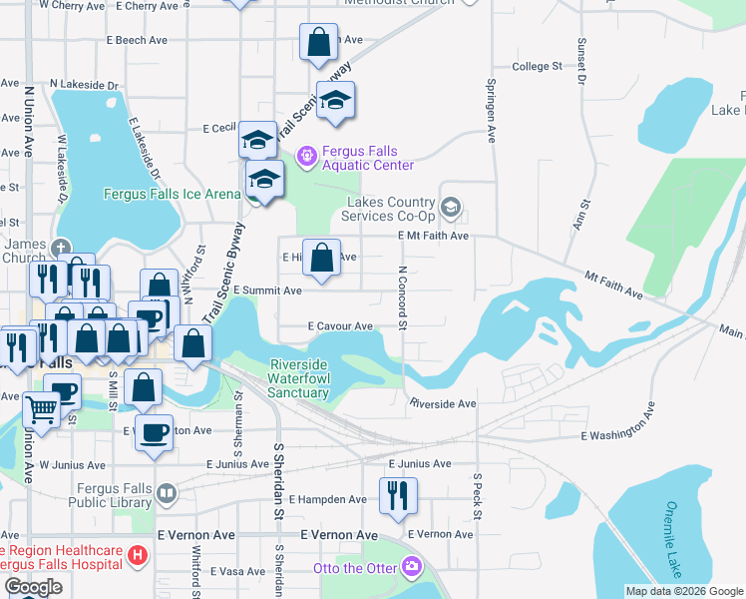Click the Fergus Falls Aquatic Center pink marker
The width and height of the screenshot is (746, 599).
coord(306,155)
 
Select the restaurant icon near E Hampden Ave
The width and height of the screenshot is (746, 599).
coord(398,494)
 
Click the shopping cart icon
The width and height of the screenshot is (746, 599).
coord(41,407)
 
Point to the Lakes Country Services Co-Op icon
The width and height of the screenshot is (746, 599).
coord(450,207)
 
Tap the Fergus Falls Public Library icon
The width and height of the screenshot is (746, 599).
coord(170,493)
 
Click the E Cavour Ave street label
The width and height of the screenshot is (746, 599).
coord(340,325)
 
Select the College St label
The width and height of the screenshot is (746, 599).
coord(538,66)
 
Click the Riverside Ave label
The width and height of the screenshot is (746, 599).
coord(443,403)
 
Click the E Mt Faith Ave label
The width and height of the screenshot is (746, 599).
coord(433,236)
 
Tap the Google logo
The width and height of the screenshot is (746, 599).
coord(33,587)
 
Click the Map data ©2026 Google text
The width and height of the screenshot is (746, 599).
coord(683,591)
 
